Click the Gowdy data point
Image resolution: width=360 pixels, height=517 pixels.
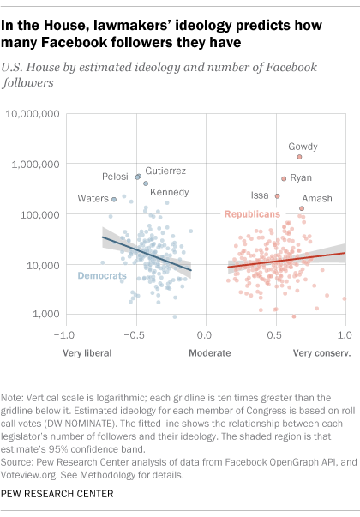point(299,157)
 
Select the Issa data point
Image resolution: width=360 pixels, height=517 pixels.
point(277,196)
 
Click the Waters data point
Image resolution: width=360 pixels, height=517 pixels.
point(114,199)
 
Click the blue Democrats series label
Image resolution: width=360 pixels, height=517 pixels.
point(102,275)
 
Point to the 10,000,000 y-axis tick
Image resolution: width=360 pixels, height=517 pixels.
point(32,113)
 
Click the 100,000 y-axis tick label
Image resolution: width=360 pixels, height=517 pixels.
point(38,214)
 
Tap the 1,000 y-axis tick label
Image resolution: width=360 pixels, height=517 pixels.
point(44,316)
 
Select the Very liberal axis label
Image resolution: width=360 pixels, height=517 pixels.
point(87,352)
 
